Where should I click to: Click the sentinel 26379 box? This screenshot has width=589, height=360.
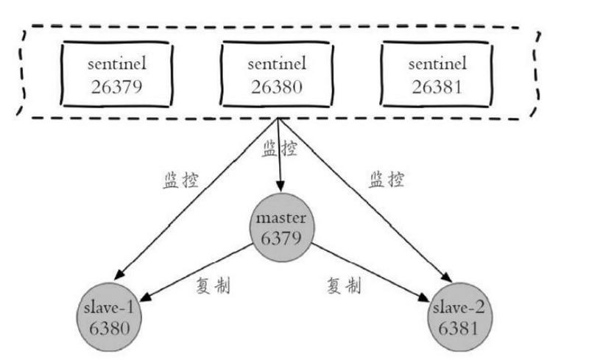tap(116, 76)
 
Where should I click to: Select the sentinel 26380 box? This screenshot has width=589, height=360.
tap(278, 76)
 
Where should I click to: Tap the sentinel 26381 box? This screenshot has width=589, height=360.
tap(435, 76)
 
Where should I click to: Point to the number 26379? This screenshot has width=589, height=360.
tap(116, 88)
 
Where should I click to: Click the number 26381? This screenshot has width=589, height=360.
tap(435, 88)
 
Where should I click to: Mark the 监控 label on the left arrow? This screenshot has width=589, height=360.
tap(180, 181)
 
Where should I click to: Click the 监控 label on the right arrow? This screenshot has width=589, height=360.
tap(386, 180)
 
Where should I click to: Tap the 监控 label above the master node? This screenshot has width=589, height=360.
tap(280, 149)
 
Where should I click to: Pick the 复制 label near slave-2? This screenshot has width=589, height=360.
tap(345, 285)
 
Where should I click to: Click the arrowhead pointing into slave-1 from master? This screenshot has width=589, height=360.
tap(145, 299)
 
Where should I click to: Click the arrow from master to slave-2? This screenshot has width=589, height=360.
tap(368, 270)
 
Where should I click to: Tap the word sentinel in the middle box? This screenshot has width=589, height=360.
tap(278, 64)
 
